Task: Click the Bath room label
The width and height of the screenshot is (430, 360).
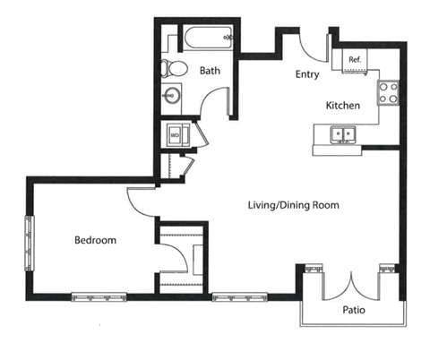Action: [x=210, y=71]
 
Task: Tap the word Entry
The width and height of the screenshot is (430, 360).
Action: [x=307, y=74]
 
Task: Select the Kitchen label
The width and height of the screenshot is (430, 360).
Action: [x=343, y=106]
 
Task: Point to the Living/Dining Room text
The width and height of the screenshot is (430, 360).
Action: [x=294, y=205]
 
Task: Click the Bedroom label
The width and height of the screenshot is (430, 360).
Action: [x=95, y=240]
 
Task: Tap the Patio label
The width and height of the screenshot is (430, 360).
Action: [x=354, y=310]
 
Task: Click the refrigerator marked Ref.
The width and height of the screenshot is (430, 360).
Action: [x=355, y=61]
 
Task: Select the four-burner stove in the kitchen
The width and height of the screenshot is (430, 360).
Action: [x=388, y=92]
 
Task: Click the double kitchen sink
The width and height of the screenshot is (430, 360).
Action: [x=343, y=134]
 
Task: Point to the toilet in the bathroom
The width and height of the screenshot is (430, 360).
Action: [x=174, y=68]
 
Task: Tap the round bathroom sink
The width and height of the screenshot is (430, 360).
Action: [x=171, y=96]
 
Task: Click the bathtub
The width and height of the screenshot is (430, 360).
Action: [x=207, y=38]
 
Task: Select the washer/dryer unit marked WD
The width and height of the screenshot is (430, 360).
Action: [x=178, y=136]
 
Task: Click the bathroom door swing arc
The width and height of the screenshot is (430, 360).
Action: [x=207, y=96]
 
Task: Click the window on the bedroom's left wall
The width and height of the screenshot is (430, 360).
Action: [x=30, y=244]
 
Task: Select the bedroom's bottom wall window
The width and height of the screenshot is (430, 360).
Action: [x=99, y=297]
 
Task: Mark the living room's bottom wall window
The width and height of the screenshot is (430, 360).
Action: [x=239, y=297]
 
